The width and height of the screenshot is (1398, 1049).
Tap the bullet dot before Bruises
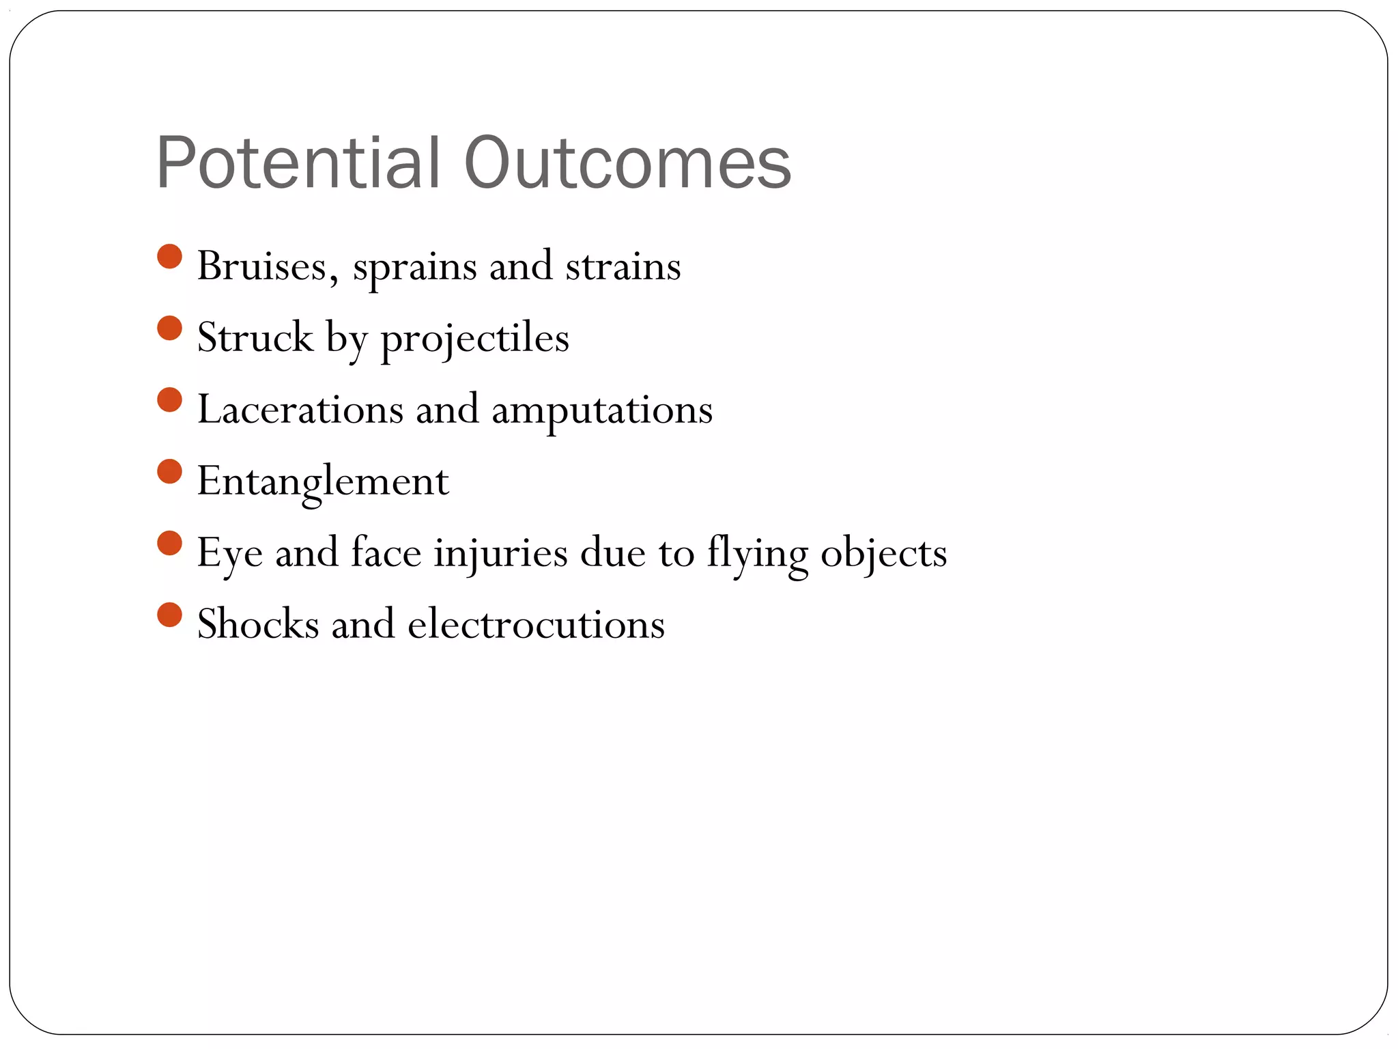(x=169, y=257)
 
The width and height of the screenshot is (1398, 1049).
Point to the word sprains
(x=414, y=268)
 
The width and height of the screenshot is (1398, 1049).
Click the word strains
(x=623, y=266)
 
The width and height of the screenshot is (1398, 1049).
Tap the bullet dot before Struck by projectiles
(x=169, y=328)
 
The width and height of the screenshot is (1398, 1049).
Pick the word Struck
(x=255, y=337)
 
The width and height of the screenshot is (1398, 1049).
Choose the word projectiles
(x=474, y=339)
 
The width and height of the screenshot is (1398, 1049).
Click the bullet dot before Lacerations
(x=169, y=400)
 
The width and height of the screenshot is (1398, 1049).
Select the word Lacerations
(x=300, y=410)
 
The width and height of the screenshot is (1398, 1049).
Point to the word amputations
(x=602, y=411)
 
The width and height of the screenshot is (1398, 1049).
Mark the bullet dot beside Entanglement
(x=169, y=471)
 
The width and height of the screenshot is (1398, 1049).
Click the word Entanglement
(x=323, y=481)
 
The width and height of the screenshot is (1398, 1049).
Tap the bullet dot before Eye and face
(x=169, y=544)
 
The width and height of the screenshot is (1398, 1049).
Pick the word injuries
(x=500, y=553)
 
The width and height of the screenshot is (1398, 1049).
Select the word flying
(x=757, y=555)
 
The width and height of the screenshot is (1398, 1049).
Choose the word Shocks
(x=258, y=624)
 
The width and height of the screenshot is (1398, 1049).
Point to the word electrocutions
(x=536, y=624)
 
